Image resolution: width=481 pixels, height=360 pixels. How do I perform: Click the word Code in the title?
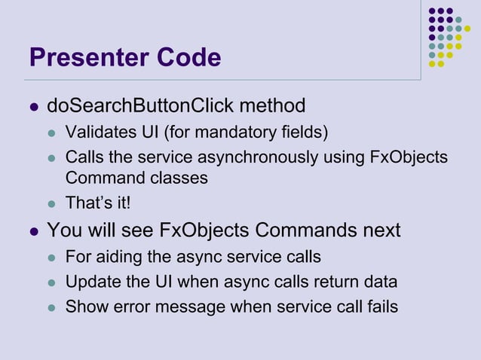click(188, 57)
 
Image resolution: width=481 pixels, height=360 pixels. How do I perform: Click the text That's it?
click(98, 202)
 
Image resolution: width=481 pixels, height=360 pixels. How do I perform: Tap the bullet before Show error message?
click(52, 307)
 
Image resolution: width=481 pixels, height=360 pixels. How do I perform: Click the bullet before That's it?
click(52, 203)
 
